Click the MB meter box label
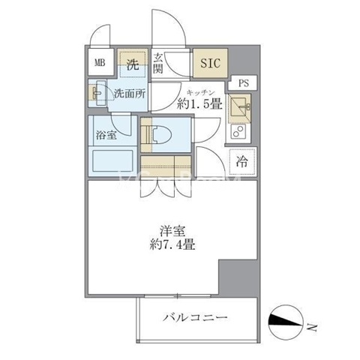pos(100,62)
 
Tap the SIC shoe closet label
pos(211,63)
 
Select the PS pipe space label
pos(244,83)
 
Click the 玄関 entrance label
pos(158,64)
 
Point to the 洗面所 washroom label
pos(130,94)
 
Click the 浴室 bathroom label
pos(106,135)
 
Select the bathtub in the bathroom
pos(112,160)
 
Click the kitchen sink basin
pos(238,108)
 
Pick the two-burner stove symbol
pos(238,131)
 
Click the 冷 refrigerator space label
pos(242,161)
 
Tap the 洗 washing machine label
pos(133,64)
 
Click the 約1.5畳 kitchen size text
pos(199,103)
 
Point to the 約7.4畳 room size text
pos(172,244)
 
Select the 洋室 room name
pos(172,231)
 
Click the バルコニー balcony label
pos(195,318)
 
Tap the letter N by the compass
pos(312,327)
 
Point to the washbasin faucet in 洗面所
pos(95,93)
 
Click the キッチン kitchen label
pos(201,93)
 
